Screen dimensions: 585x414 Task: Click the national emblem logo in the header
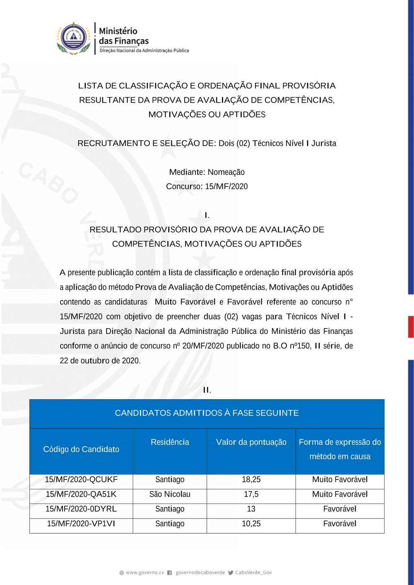[x=74, y=38]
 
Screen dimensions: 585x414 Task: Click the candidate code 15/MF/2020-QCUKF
[x=81, y=480]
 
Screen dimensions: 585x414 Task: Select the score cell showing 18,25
[x=251, y=480]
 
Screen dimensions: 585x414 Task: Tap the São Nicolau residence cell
[x=170, y=494]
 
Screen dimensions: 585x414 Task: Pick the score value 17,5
[x=251, y=494]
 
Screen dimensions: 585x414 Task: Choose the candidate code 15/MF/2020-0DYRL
[x=81, y=509]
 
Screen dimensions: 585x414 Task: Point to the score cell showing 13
[x=251, y=509]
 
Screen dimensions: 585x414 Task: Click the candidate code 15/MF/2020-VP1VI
[x=81, y=524]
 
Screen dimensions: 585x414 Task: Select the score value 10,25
[x=251, y=524]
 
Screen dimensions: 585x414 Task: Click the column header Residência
[x=170, y=442]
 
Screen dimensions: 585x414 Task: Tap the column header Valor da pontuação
[x=251, y=442]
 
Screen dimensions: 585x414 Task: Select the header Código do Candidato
[x=81, y=449]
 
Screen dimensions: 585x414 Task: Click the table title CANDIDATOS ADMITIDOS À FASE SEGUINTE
[x=207, y=413]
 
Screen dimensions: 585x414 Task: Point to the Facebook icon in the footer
[x=169, y=573]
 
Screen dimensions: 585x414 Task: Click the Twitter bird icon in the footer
[x=231, y=573]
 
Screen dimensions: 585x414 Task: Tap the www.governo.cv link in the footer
[x=144, y=573]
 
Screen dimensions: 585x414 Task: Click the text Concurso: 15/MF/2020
[x=207, y=187]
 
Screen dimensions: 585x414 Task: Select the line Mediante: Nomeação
[x=207, y=172]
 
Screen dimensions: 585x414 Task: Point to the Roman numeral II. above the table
[x=207, y=390]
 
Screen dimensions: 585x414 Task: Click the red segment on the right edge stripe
[x=411, y=327]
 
